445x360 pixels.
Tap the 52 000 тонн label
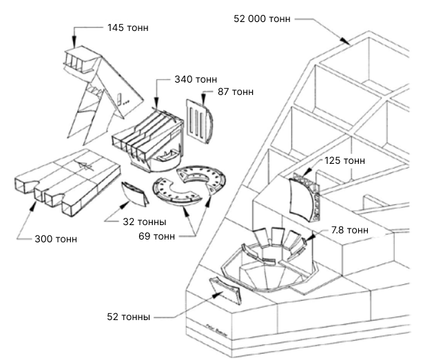tap(262, 19)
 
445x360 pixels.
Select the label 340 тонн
tap(196, 80)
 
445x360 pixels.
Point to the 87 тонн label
tap(236, 92)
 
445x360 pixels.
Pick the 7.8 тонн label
tap(349, 230)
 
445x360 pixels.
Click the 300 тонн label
tap(56, 239)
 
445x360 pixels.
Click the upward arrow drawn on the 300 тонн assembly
tap(84, 165)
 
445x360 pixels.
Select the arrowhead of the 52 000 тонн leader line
tap(350, 42)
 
